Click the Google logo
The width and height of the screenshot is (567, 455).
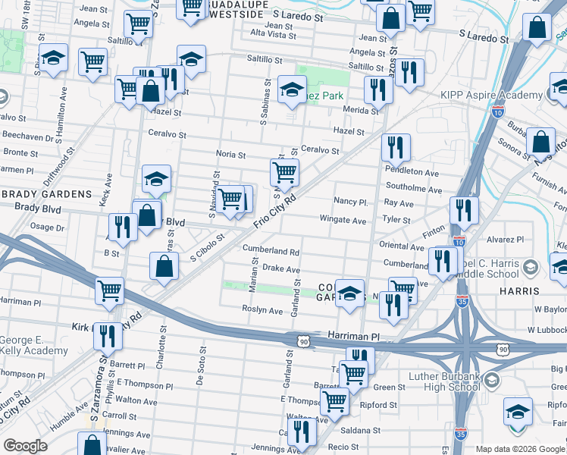click(25, 446)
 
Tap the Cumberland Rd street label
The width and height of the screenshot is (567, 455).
click(271, 249)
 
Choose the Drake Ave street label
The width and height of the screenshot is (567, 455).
click(280, 269)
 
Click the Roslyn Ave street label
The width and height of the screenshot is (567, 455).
click(262, 311)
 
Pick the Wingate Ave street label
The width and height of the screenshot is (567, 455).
click(343, 221)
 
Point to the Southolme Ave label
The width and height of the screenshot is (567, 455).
click(412, 186)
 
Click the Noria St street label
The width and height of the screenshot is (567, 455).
click(231, 155)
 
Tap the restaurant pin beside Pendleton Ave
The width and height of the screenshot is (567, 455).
click(395, 149)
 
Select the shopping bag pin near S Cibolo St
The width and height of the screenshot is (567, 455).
click(164, 267)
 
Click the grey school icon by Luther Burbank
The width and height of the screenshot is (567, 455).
click(491, 380)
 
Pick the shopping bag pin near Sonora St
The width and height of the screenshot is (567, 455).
click(540, 142)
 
